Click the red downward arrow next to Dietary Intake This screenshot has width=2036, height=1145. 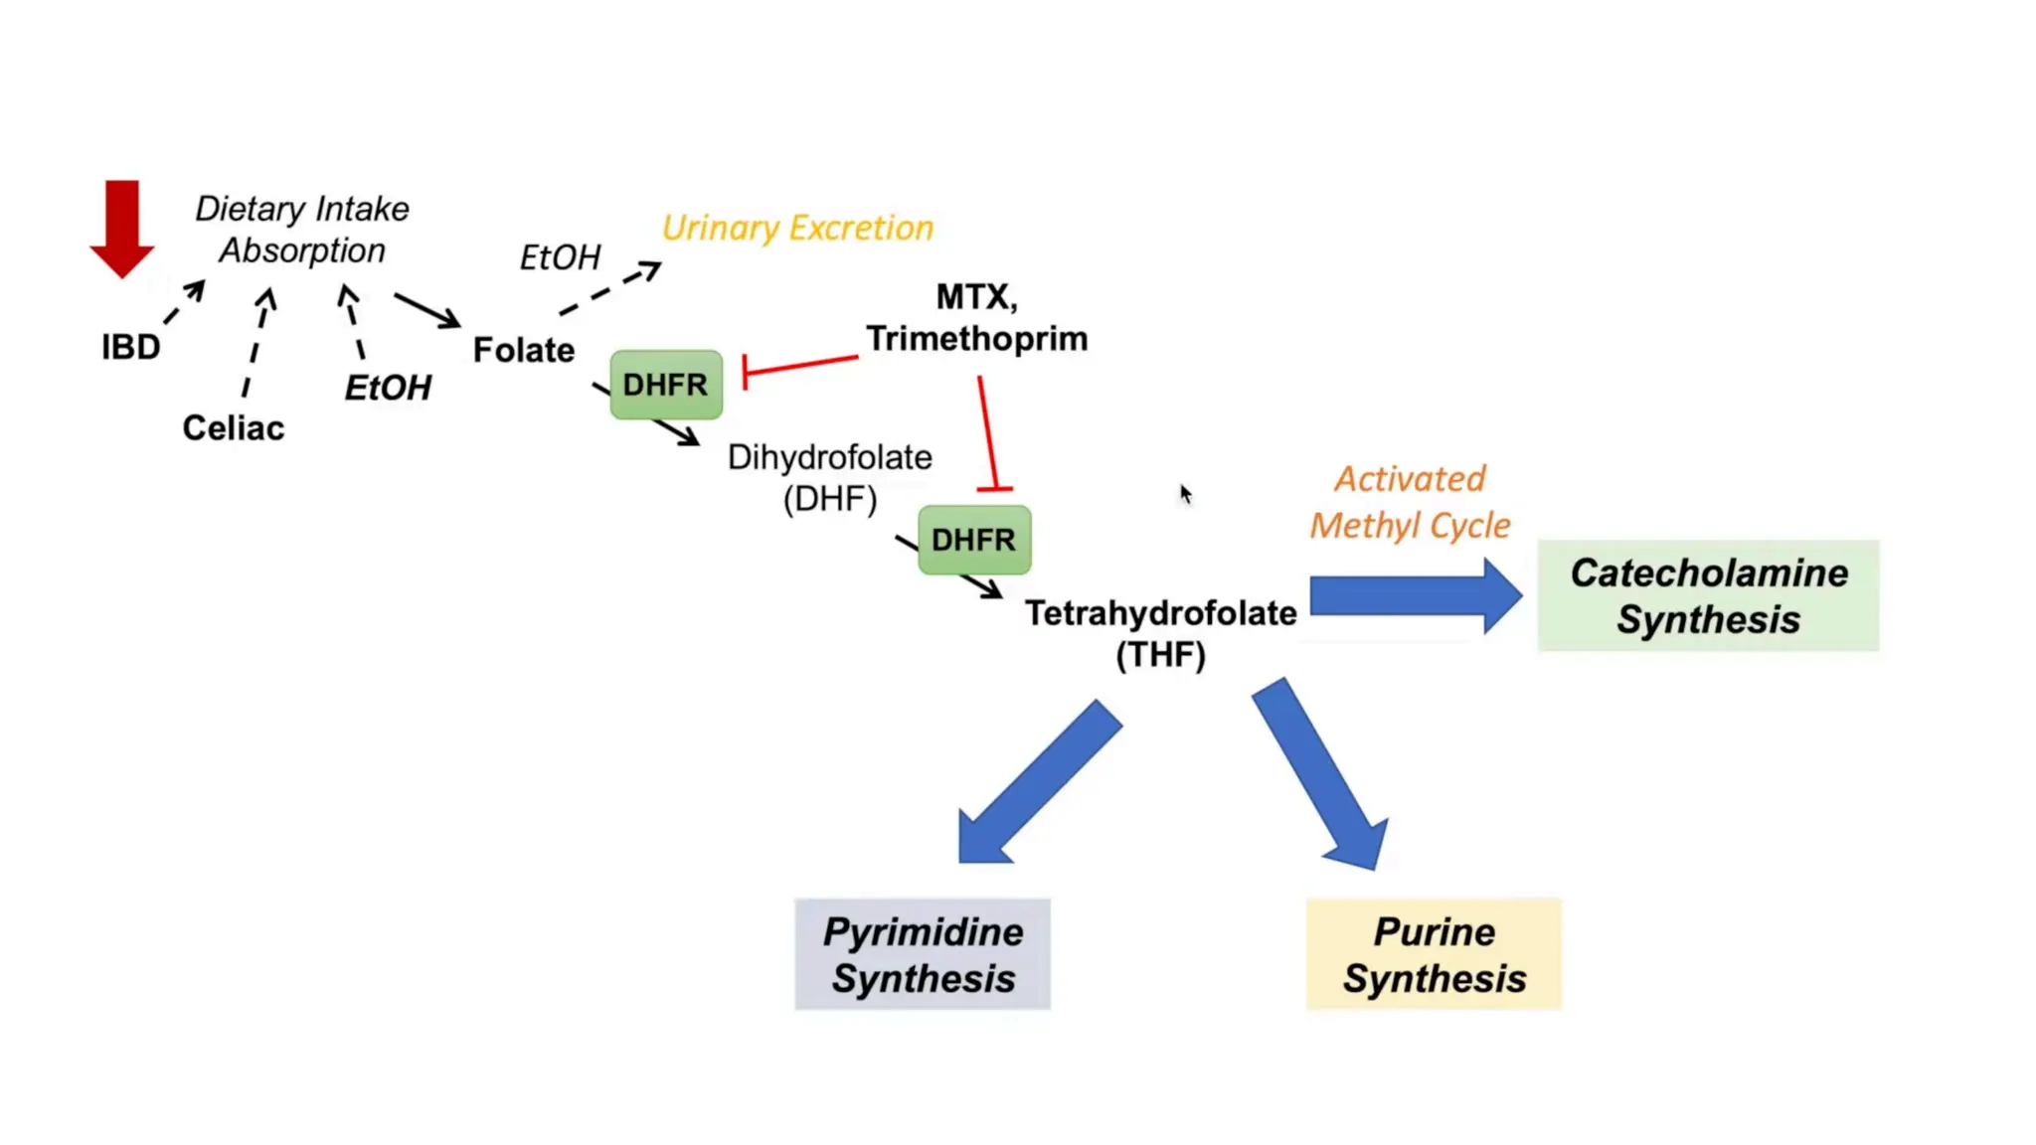pyautogui.click(x=121, y=227)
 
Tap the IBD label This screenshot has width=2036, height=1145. pyautogui.click(x=130, y=347)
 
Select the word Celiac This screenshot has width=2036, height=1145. pyautogui.click(x=233, y=427)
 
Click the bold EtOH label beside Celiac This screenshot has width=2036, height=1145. pyautogui.click(x=388, y=387)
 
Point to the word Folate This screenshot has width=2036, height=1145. pyautogui.click(x=523, y=350)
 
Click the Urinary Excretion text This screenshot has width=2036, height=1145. pyautogui.click(x=797, y=228)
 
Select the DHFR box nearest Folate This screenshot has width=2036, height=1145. pyautogui.click(x=665, y=385)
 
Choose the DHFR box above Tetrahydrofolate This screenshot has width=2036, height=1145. pyautogui.click(x=973, y=540)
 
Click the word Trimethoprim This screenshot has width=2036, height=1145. pyautogui.click(x=976, y=339)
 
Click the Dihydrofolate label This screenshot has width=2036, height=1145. pyautogui.click(x=829, y=457)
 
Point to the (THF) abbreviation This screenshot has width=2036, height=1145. pyautogui.click(x=1160, y=655)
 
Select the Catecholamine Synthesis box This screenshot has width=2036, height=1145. pyautogui.click(x=1707, y=595)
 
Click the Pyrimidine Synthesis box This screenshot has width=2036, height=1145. pyautogui.click(x=923, y=954)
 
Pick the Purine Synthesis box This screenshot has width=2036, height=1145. pyautogui.click(x=1434, y=954)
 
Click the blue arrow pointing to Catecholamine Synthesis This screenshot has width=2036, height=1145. pyautogui.click(x=1412, y=596)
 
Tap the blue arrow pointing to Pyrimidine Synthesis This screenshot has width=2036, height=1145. pyautogui.click(x=1034, y=785)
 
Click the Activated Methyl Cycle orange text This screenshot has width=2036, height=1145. pyautogui.click(x=1409, y=502)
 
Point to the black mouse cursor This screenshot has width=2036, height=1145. pyautogui.click(x=1185, y=494)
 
